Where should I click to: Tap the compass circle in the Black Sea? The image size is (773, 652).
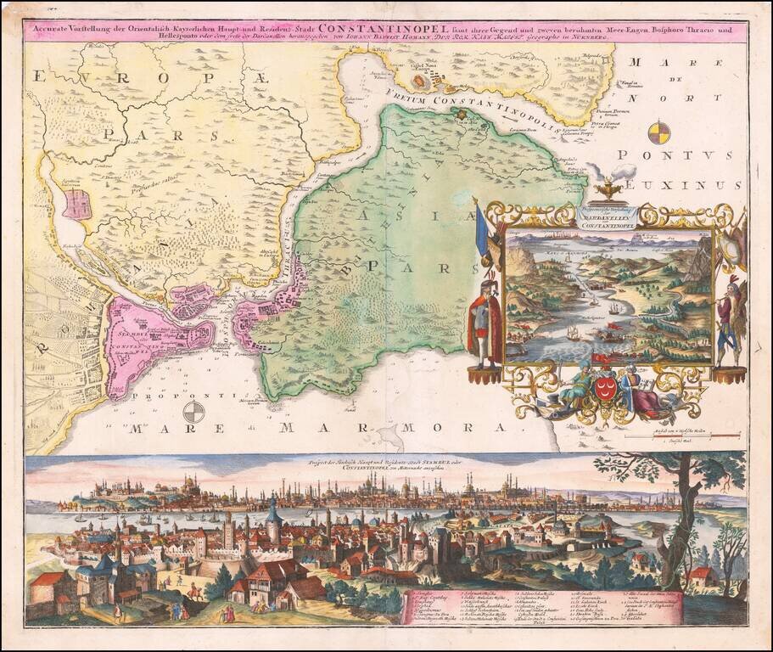[658, 133]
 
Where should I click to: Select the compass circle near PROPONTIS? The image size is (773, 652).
[194, 413]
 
